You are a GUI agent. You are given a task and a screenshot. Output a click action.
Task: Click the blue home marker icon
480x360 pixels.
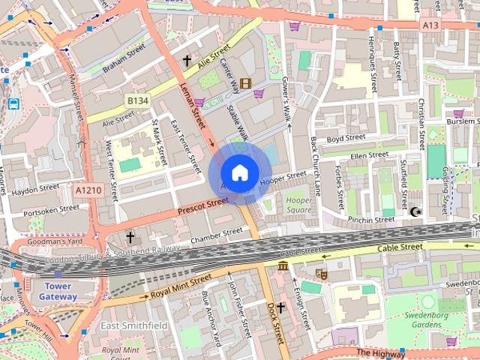point(239,172)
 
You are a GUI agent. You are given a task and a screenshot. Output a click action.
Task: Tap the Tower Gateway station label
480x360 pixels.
point(57,291)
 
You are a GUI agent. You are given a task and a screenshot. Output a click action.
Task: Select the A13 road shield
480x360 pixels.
point(430,25)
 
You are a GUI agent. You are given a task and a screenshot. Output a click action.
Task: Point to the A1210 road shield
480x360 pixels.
point(88,191)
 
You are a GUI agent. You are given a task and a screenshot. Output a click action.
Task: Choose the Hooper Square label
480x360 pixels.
point(298,205)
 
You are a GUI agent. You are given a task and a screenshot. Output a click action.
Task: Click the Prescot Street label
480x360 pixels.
point(202,207)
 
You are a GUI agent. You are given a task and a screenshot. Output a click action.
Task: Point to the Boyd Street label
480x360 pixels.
point(346,138)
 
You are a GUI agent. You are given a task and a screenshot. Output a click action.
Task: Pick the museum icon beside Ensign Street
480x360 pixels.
point(283,266)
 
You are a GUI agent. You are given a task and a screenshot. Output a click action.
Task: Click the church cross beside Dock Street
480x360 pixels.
point(281,307)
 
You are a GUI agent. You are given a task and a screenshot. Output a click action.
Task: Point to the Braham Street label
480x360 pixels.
point(124,52)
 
